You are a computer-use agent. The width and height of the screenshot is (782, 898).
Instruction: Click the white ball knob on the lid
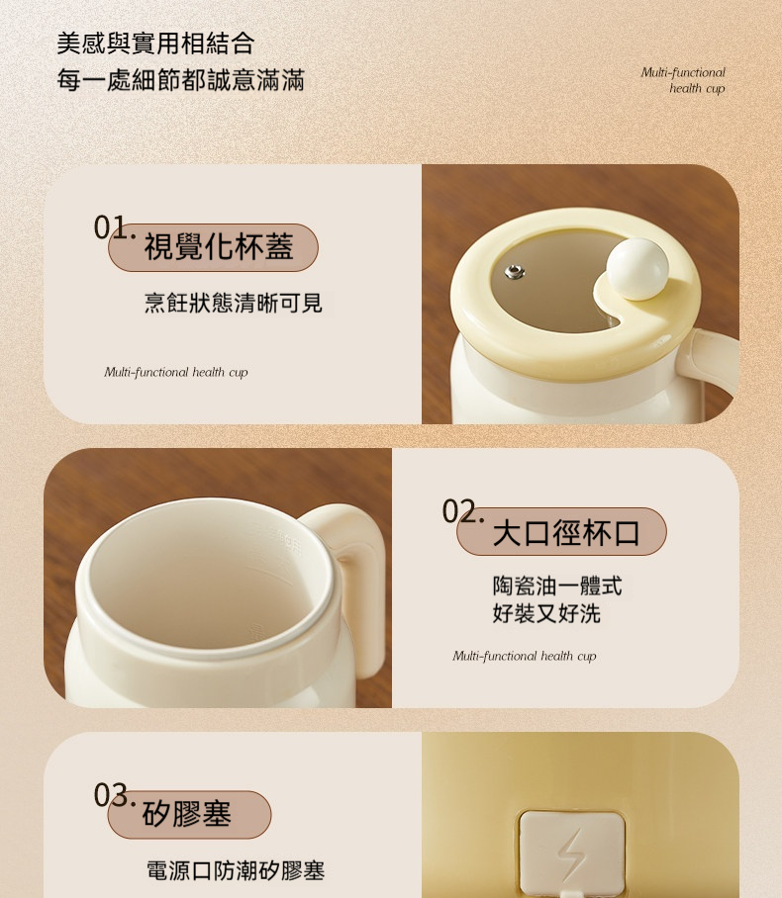click(636, 269)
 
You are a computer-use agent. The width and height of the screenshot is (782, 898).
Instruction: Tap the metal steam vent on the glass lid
click(515, 271)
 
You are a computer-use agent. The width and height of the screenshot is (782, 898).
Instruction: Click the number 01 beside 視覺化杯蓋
click(111, 226)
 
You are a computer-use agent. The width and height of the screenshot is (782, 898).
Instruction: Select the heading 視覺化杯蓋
click(219, 247)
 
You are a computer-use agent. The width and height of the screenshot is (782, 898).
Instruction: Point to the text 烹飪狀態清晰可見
click(234, 303)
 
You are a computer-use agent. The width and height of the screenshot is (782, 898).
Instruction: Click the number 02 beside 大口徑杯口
click(460, 511)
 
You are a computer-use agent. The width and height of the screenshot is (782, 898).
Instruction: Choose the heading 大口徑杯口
click(566, 533)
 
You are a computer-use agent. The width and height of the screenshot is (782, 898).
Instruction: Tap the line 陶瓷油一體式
click(556, 585)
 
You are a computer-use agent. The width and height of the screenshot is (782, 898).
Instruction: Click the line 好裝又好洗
click(546, 613)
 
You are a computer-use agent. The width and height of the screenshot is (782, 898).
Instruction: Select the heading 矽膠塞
click(187, 814)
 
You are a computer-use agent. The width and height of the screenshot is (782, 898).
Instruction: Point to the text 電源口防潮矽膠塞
click(236, 870)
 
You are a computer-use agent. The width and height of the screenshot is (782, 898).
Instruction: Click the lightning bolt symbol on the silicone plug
click(572, 854)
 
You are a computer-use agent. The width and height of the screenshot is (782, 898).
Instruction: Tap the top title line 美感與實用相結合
click(155, 44)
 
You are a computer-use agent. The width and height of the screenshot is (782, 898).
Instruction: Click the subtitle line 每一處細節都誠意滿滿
click(180, 79)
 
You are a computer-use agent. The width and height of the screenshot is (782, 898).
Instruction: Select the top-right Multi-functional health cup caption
click(683, 80)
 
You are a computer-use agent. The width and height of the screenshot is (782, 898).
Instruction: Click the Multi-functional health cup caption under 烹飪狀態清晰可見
click(176, 372)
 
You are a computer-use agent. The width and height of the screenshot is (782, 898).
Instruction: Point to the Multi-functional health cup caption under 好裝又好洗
click(525, 656)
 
